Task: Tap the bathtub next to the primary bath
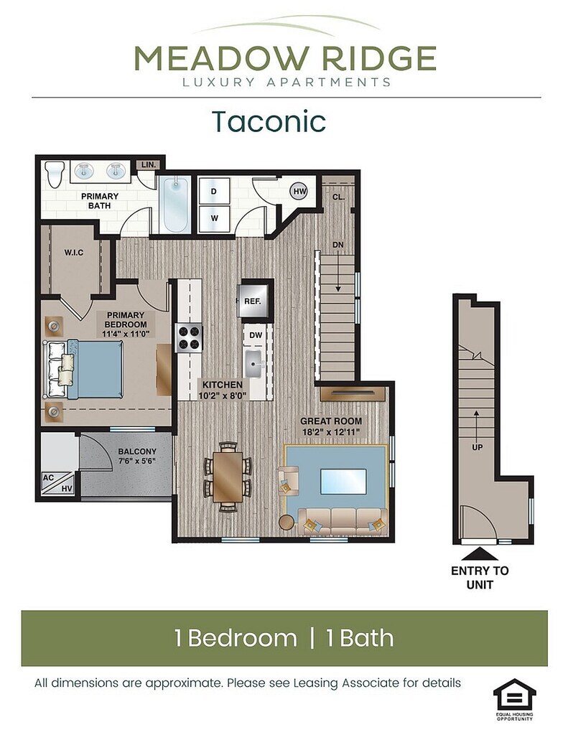click(175, 205)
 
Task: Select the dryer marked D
click(214, 191)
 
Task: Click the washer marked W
click(214, 218)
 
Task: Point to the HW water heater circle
click(299, 191)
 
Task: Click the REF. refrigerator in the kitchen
click(255, 301)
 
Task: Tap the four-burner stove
click(189, 337)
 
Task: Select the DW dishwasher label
click(256, 335)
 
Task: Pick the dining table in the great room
click(228, 476)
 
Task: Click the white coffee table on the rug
click(343, 481)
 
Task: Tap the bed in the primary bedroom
click(85, 370)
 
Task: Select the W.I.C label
click(74, 253)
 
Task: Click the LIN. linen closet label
click(148, 164)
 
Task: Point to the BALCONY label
click(137, 451)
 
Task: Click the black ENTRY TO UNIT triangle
click(480, 555)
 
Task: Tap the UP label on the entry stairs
click(477, 447)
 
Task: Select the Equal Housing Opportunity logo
click(514, 699)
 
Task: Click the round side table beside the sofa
click(286, 523)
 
